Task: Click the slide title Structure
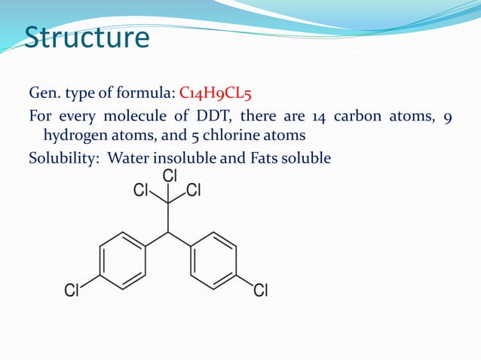(x=87, y=37)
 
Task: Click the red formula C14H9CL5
(x=219, y=93)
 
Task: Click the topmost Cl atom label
(x=170, y=176)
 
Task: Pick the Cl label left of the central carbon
(x=141, y=191)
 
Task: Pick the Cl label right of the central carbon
(x=194, y=191)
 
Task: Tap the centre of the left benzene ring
(x=123, y=261)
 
